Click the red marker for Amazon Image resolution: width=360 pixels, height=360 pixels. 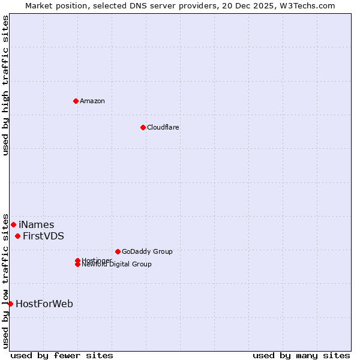coord(76,101)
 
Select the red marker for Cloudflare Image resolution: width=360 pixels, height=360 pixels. coord(143,127)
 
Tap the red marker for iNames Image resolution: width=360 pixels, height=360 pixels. coord(13,224)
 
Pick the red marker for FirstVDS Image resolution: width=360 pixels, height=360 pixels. coord(18,236)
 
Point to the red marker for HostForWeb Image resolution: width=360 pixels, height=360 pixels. coord(10,304)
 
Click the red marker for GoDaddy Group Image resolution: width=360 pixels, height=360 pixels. coord(118,251)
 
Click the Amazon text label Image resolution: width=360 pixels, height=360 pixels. coord(92,101)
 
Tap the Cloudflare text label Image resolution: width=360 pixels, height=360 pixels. coord(163,127)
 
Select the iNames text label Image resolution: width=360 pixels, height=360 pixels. coord(36,225)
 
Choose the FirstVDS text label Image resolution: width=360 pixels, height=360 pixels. coord(43,236)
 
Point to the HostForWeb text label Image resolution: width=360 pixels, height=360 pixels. coord(44,304)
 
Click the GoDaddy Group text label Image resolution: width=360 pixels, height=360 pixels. coord(147,252)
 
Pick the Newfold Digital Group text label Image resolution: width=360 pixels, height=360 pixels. coord(117,265)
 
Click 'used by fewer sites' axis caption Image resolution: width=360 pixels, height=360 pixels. coord(62,355)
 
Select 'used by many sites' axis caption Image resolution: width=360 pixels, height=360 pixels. coord(301,355)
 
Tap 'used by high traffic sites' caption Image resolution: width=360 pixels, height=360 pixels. coord(6,85)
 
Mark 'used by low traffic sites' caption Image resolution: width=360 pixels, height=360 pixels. coord(6,280)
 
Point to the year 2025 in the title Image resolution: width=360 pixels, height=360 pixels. coord(262,6)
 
